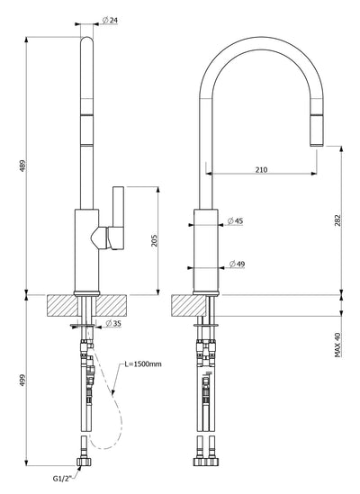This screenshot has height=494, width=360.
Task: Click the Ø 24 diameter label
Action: [110, 21]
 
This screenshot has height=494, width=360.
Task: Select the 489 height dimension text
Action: [22, 166]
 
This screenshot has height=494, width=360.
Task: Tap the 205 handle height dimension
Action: [155, 240]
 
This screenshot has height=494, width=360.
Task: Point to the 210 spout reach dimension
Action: [261, 170]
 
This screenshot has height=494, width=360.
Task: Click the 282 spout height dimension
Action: [337, 220]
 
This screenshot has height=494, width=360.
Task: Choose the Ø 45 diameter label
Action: [235, 220]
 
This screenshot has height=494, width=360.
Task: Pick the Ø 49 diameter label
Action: [237, 264]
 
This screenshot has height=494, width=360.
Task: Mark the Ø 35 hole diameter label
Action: [113, 323]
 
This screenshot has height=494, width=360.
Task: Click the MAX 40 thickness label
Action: [337, 345]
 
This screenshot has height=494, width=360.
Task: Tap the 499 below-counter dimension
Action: [22, 381]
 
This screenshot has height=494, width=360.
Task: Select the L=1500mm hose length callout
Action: [143, 364]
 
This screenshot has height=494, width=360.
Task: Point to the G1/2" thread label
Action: [63, 479]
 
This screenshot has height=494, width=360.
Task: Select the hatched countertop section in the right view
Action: [188, 306]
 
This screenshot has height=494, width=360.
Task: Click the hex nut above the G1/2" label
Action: [85, 462]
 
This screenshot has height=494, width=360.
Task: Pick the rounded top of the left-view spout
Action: [87, 40]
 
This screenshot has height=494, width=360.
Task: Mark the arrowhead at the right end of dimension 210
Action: [314, 174]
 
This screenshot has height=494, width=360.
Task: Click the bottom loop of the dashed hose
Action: [104, 446]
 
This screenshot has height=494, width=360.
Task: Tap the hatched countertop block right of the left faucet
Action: [112, 306]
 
